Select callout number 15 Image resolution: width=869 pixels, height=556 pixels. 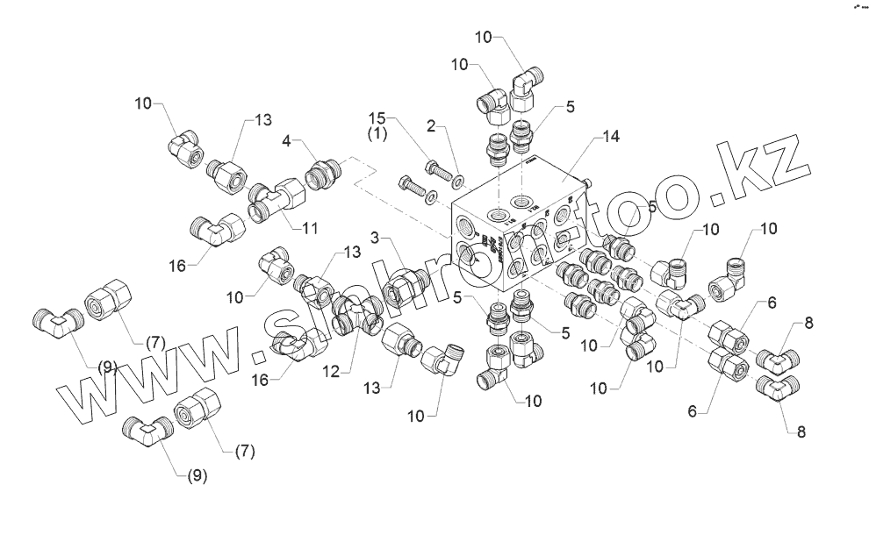377,118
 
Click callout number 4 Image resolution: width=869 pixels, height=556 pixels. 287,141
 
